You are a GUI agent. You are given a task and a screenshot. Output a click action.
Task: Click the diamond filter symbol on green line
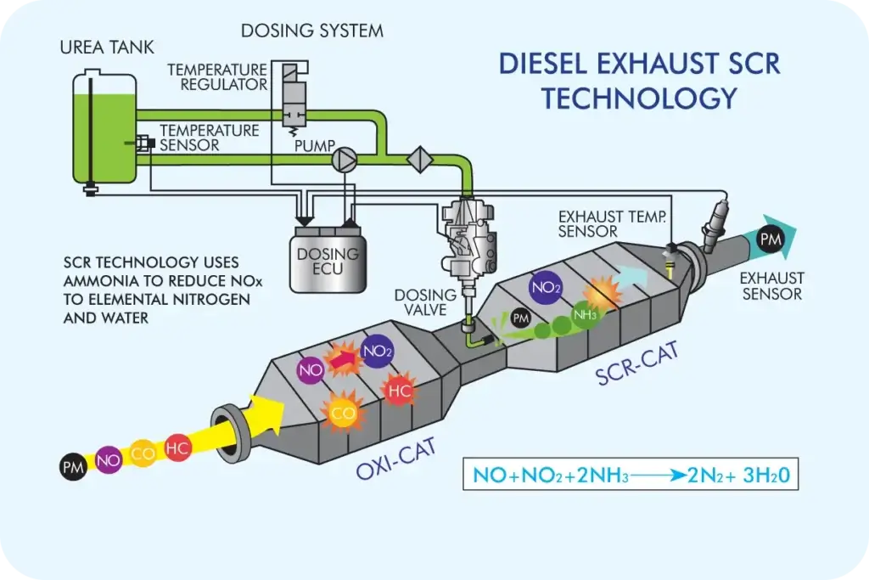click(420, 160)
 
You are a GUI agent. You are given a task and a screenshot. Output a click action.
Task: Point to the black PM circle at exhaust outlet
click(770, 240)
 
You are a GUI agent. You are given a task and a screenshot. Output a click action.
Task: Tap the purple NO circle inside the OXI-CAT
click(310, 369)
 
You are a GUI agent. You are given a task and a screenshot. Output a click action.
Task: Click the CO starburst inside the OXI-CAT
click(342, 414)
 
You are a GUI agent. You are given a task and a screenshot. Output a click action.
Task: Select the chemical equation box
click(631, 475)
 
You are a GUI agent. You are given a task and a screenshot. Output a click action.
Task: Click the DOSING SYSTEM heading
click(311, 31)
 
